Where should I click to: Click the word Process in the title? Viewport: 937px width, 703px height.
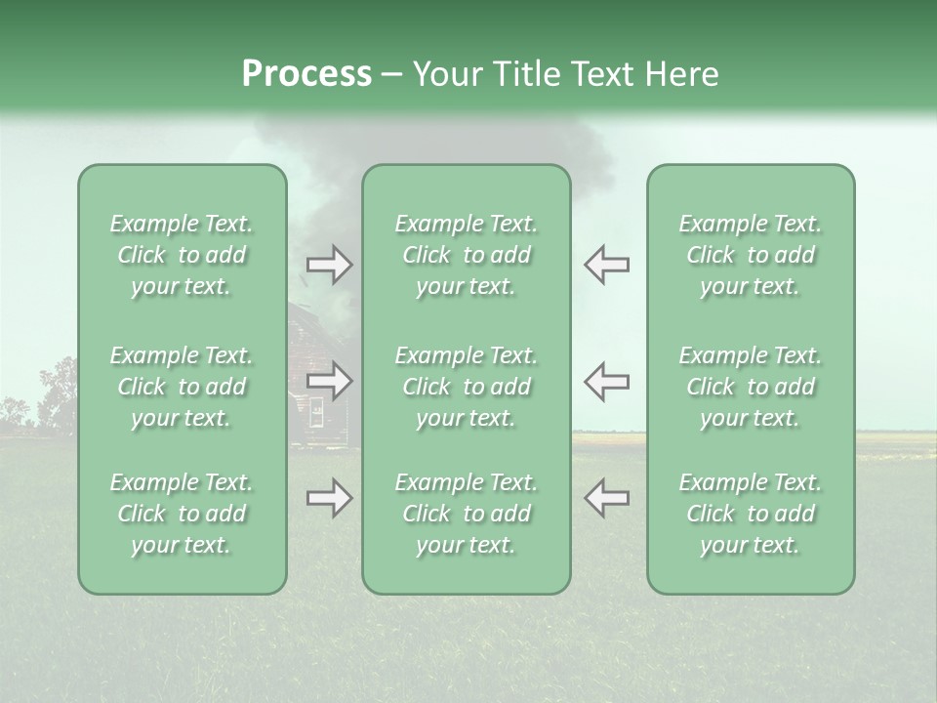pyautogui.click(x=306, y=74)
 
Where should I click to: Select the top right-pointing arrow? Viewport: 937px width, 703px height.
pyautogui.click(x=329, y=265)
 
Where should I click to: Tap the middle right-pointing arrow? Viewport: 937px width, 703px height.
pyautogui.click(x=329, y=381)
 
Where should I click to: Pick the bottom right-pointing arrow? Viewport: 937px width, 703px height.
pyautogui.click(x=329, y=498)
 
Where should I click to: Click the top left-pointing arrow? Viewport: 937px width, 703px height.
pyautogui.click(x=606, y=265)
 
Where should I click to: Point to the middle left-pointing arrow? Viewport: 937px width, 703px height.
pyautogui.click(x=606, y=381)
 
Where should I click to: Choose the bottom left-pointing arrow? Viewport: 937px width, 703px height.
pyautogui.click(x=606, y=498)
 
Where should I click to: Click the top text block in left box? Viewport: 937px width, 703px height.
pyautogui.click(x=182, y=255)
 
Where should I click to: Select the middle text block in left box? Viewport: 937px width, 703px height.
pyautogui.click(x=182, y=387)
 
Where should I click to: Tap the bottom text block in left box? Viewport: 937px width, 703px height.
pyautogui.click(x=182, y=514)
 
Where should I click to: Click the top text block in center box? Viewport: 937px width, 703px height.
pyautogui.click(x=466, y=255)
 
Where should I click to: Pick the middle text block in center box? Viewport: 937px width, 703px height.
pyautogui.click(x=466, y=387)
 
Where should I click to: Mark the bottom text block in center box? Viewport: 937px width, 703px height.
pyautogui.click(x=466, y=514)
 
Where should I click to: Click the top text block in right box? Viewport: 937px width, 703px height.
pyautogui.click(x=750, y=255)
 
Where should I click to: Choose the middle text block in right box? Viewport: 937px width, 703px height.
pyautogui.click(x=750, y=387)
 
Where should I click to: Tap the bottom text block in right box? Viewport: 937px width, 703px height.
pyautogui.click(x=750, y=514)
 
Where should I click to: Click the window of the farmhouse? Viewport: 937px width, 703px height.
pyautogui.click(x=316, y=414)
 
